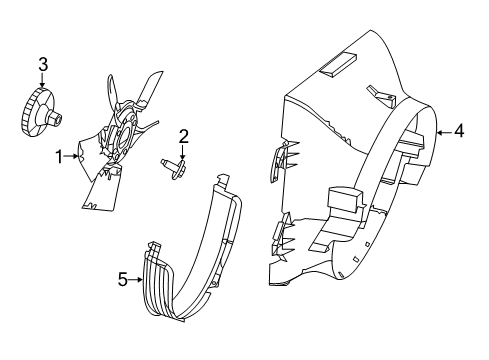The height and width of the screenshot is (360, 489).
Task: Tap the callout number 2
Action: pyautogui.click(x=184, y=137)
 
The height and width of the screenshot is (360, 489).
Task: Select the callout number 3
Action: pyautogui.click(x=43, y=66)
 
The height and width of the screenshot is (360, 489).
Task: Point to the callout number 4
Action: pyautogui.click(x=459, y=131)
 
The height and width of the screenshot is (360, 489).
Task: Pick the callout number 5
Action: pyautogui.click(x=124, y=280)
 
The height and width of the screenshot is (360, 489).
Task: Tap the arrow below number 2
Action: pyautogui.click(x=184, y=154)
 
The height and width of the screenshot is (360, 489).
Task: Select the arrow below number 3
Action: pyautogui.click(x=43, y=84)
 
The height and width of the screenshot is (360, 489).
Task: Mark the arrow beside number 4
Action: pyautogui.click(x=443, y=131)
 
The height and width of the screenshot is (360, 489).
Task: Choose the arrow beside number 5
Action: pyautogui.click(x=138, y=280)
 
